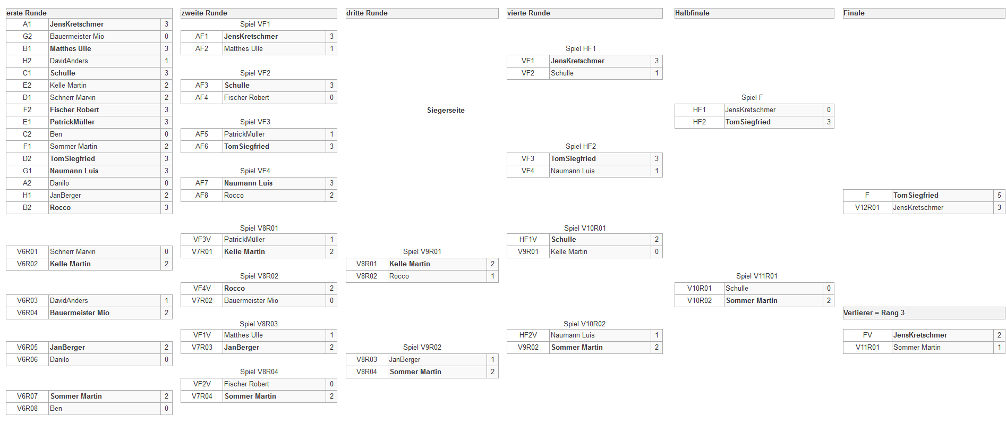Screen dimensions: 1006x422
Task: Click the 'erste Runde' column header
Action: tap(27, 13)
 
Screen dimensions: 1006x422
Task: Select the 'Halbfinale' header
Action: tap(692, 13)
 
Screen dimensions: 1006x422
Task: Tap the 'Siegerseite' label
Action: tap(446, 110)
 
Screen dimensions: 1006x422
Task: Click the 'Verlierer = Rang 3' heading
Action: tap(874, 313)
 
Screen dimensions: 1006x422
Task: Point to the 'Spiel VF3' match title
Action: tap(255, 122)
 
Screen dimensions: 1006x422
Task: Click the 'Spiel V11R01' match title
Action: tap(757, 276)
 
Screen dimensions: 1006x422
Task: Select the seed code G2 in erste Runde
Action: tap(27, 36)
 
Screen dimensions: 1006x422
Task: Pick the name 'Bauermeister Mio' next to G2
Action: tap(77, 36)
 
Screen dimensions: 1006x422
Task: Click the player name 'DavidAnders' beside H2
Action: tap(69, 61)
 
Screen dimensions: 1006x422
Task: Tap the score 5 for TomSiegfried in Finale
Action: tap(999, 195)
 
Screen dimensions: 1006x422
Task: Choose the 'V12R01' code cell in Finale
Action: tap(867, 207)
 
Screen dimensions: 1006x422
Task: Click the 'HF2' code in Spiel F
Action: tap(700, 122)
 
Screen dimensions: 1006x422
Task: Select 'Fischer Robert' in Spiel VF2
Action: tap(246, 97)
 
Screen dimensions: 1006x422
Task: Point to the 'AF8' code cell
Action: tap(202, 195)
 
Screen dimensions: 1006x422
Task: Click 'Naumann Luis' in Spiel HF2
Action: tap(573, 171)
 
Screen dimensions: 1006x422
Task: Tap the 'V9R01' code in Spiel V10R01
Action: tap(528, 251)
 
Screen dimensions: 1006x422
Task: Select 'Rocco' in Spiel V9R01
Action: tap(399, 276)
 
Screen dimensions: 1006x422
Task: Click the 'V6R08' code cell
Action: tap(27, 408)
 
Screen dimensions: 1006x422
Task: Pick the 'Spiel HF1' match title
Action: tap(581, 48)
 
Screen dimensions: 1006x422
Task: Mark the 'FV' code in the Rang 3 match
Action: tap(867, 335)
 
